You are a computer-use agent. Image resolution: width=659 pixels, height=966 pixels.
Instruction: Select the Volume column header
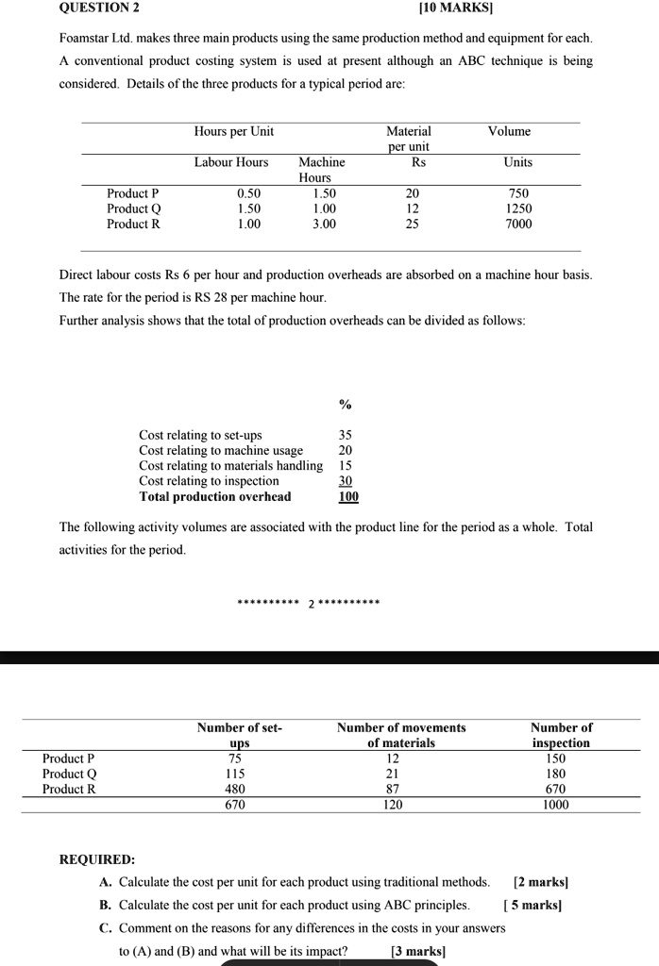pos(510,131)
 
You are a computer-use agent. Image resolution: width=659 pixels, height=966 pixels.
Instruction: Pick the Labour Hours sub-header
pos(231,162)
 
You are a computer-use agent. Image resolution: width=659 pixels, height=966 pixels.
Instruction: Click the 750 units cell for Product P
pos(518,193)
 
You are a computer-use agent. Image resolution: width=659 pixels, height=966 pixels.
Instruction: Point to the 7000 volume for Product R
pos(518,224)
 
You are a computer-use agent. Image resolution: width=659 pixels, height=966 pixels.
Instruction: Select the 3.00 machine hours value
pos(324,224)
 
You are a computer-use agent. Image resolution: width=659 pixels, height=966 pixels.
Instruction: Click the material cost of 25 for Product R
pos(412,224)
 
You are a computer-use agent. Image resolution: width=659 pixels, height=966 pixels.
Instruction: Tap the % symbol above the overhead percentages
pos(345,405)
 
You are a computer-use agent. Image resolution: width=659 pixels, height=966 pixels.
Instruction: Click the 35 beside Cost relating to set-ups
pos(346,435)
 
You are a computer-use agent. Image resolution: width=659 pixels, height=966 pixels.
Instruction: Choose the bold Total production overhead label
pos(215,496)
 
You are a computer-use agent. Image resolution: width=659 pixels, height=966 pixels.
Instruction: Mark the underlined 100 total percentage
pos(348,496)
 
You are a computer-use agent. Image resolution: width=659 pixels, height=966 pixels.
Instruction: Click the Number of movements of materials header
pos(401,735)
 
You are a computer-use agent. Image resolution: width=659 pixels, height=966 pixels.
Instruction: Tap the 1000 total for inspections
pos(556,805)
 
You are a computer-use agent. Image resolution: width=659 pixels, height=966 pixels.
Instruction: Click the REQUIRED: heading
pos(97,859)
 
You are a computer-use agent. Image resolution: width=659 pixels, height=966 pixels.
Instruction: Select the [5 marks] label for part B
pos(533,905)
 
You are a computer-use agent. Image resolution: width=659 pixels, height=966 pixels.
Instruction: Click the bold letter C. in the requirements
pos(106,927)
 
